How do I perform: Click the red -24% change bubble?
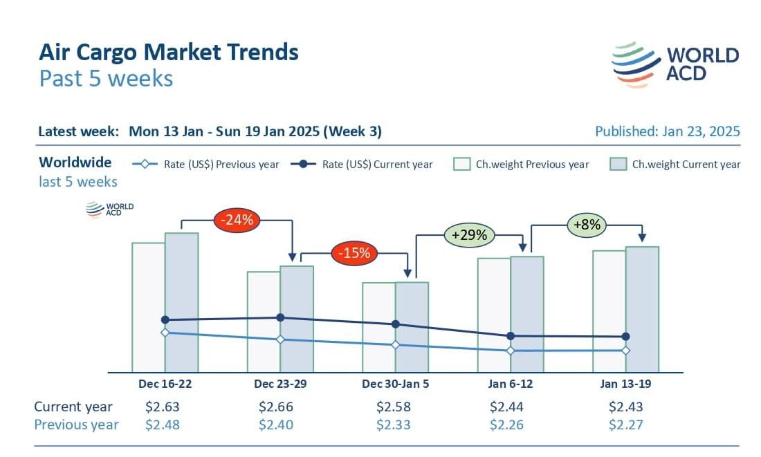pyautogui.click(x=238, y=221)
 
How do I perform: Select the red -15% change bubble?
pyautogui.click(x=355, y=253)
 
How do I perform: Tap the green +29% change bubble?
pyautogui.click(x=470, y=235)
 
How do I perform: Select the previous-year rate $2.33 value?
pyautogui.click(x=394, y=425)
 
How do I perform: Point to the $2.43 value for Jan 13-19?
pyautogui.click(x=626, y=407)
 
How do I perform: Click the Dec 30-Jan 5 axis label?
pyautogui.click(x=395, y=384)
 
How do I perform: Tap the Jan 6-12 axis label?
pyautogui.click(x=510, y=384)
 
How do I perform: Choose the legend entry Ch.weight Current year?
pyautogui.click(x=675, y=165)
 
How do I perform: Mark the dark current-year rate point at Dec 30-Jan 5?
pyautogui.click(x=396, y=324)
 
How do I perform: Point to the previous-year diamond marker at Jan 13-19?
pyautogui.click(x=626, y=350)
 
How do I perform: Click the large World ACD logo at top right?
pyautogui.click(x=675, y=64)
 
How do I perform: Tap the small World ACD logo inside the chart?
pyautogui.click(x=109, y=209)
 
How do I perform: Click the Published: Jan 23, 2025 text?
pyautogui.click(x=667, y=131)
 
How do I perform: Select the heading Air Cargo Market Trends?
pyautogui.click(x=169, y=52)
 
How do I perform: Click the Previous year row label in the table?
pyautogui.click(x=76, y=425)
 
